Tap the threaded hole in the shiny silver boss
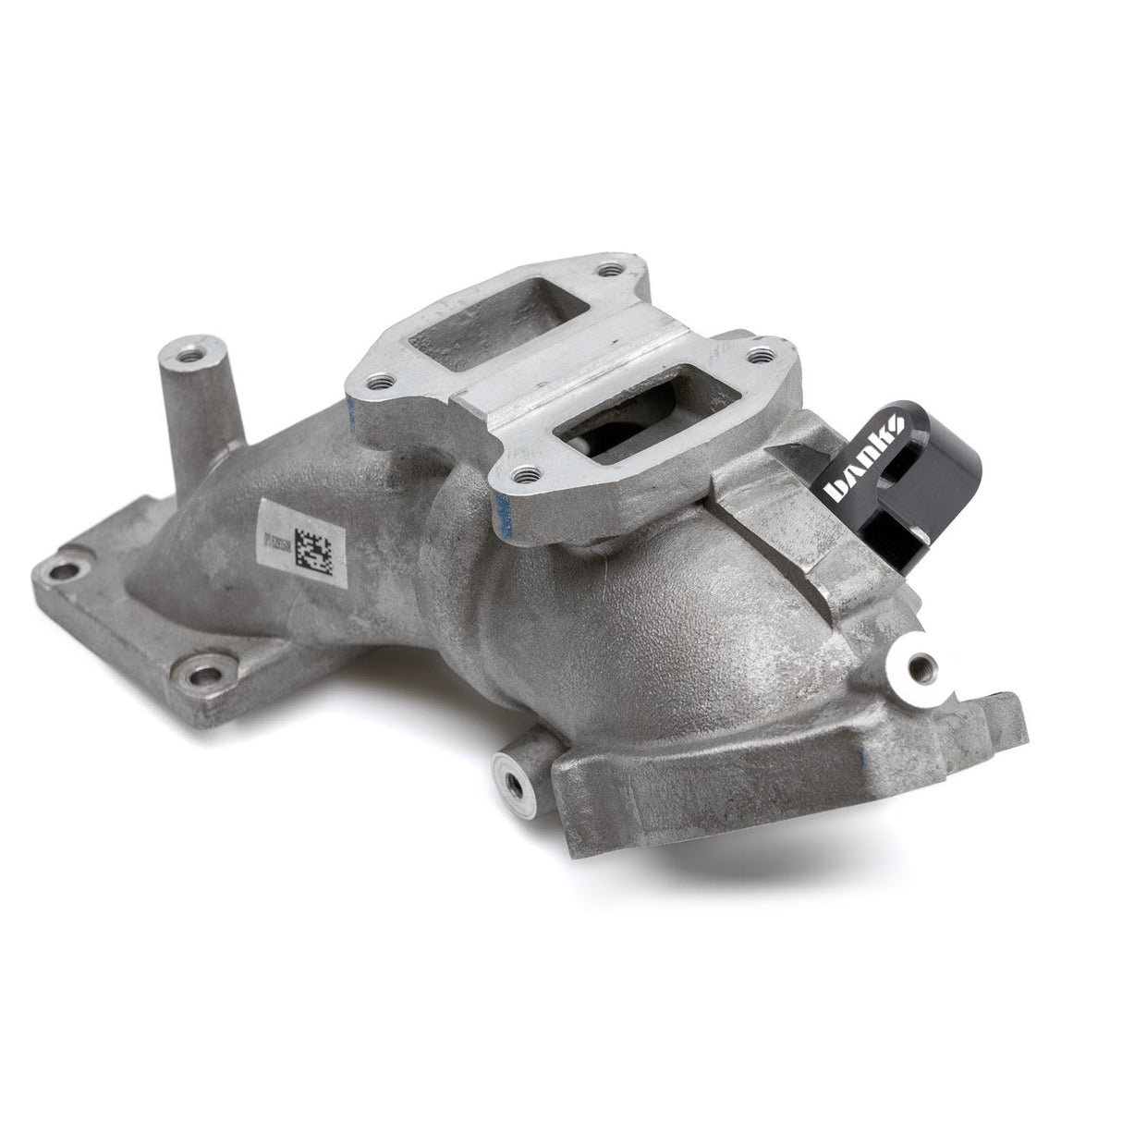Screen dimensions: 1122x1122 tap(916, 664)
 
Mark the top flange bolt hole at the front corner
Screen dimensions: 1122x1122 tap(527, 477)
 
